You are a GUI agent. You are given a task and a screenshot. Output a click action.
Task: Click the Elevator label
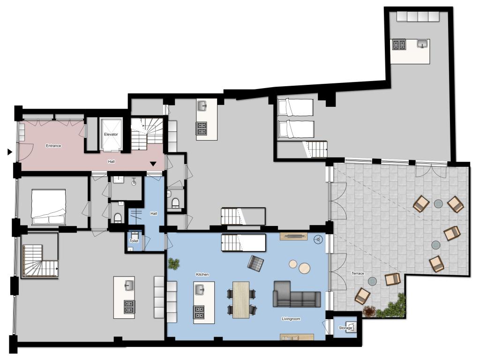coord(111,135)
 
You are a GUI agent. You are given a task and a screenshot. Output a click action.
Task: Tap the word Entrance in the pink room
coord(53,146)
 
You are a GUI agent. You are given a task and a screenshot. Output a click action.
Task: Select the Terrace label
coord(358,273)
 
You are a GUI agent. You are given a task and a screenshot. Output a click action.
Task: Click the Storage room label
coord(345,328)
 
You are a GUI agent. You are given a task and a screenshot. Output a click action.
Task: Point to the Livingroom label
coord(291,319)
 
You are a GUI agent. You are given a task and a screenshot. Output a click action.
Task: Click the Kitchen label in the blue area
coord(202,274)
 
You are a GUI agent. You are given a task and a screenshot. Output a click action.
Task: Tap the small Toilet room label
coord(134,241)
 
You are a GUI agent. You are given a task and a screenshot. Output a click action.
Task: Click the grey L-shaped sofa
coord(297,294)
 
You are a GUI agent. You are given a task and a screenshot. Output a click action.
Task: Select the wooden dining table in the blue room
coord(241,300)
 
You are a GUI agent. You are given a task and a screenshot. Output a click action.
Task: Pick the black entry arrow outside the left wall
coord(10,151)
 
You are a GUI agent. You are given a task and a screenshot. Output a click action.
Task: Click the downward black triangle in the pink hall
coord(153,164)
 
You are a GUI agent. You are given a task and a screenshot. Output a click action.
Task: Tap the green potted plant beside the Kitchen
coord(174,264)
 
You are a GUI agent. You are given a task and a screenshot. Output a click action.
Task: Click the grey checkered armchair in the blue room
coord(255,263)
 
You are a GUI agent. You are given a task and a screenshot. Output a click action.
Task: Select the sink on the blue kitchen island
coord(200,289)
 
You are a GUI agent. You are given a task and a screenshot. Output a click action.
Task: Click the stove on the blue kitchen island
coord(199,312)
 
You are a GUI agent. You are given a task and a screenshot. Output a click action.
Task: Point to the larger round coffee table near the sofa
coord(305,268)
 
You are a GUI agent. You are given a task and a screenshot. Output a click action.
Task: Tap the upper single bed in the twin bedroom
coord(295,107)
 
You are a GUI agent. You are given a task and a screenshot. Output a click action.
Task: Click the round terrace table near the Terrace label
coord(372,281)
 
